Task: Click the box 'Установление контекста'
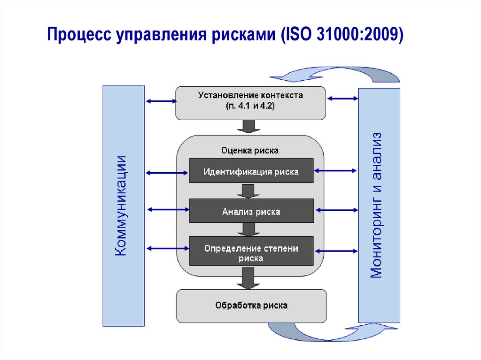click(250, 102)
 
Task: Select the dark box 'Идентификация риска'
click(251, 171)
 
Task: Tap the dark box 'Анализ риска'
click(251, 212)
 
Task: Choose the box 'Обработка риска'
click(251, 306)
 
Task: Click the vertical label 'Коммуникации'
click(123, 206)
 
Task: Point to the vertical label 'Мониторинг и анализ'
click(379, 205)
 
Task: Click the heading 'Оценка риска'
click(249, 151)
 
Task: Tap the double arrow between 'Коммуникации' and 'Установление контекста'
click(160, 100)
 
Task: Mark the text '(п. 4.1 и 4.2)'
click(250, 107)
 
